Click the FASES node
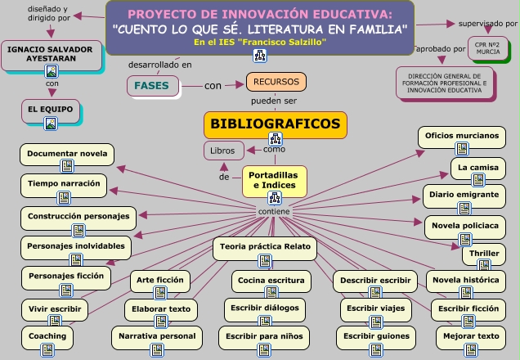pyautogui.click(x=151, y=85)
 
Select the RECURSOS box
pyautogui.click(x=276, y=82)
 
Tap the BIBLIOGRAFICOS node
pyautogui.click(x=276, y=124)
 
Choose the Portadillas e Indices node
pyautogui.click(x=274, y=180)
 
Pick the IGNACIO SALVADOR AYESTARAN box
pyautogui.click(x=49, y=54)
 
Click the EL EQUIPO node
pyautogui.click(x=51, y=109)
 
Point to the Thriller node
pyautogui.click(x=484, y=253)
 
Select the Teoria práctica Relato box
pyautogui.click(x=265, y=245)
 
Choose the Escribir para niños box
pyautogui.click(x=264, y=335)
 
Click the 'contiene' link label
pyautogui.click(x=273, y=211)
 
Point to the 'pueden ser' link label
pyautogui.click(x=274, y=101)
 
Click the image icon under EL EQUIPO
pyautogui.click(x=51, y=124)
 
